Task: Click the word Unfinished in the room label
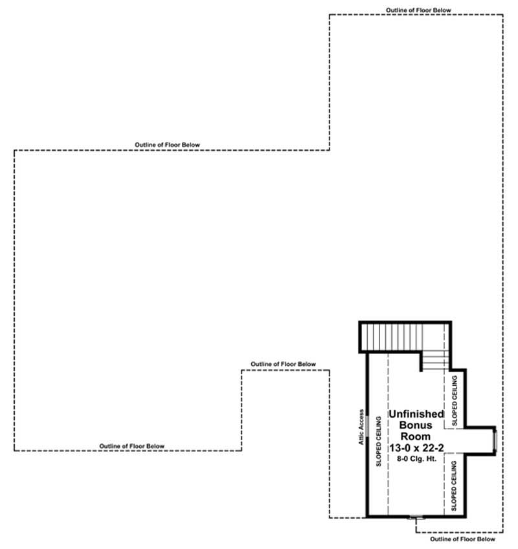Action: [416, 414]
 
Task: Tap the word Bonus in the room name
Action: [416, 425]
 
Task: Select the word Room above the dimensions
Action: [416, 437]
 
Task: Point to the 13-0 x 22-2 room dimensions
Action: [416, 448]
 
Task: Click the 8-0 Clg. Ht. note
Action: [416, 458]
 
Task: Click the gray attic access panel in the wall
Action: [367, 427]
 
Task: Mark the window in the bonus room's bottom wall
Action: [415, 517]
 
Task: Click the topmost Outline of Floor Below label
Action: [418, 10]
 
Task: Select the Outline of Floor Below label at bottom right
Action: [463, 539]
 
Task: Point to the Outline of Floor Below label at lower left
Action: [132, 446]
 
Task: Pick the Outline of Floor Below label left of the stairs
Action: [283, 364]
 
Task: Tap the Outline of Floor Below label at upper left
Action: [168, 144]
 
